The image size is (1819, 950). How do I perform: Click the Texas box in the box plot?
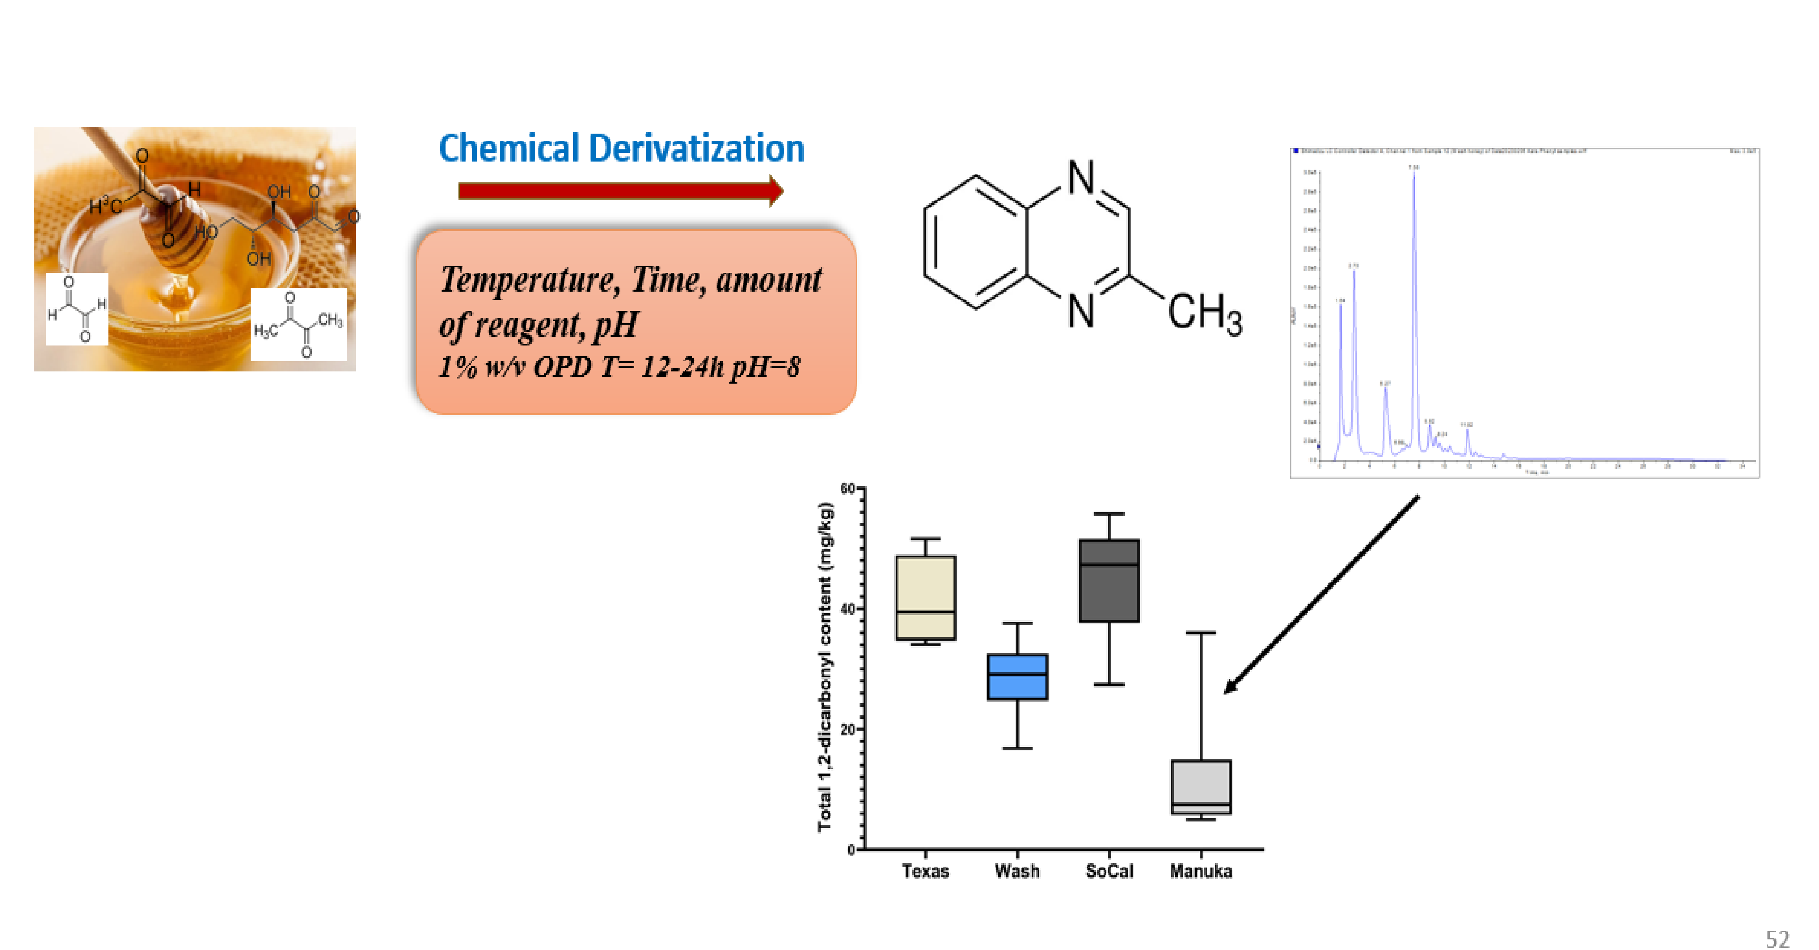(x=925, y=597)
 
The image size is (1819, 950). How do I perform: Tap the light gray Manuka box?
(x=1201, y=787)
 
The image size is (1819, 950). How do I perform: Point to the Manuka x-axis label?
(x=1201, y=871)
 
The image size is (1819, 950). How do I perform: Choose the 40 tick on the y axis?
(x=849, y=609)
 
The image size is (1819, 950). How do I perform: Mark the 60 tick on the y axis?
(x=849, y=489)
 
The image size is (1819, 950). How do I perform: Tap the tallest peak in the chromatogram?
(x=1414, y=176)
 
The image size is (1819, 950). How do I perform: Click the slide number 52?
(x=1777, y=939)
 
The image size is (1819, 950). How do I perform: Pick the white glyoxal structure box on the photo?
(x=77, y=309)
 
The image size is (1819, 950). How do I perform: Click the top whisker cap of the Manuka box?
(x=1201, y=633)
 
